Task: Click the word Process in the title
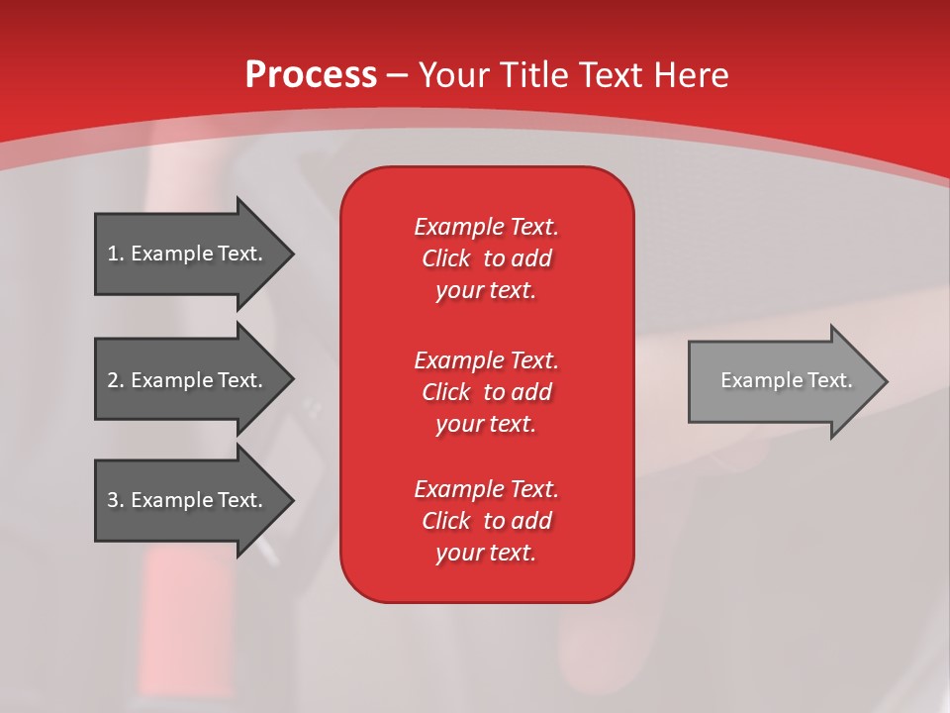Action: click(311, 75)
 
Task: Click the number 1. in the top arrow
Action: click(116, 254)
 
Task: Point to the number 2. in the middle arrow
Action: click(116, 380)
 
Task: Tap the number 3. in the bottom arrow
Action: click(116, 500)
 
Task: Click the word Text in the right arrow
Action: click(829, 380)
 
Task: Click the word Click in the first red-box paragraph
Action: click(446, 258)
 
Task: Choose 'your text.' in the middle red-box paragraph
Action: click(486, 424)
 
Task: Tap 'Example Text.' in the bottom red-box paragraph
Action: click(486, 489)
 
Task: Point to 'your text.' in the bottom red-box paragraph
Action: click(486, 553)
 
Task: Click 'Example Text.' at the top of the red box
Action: click(486, 227)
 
